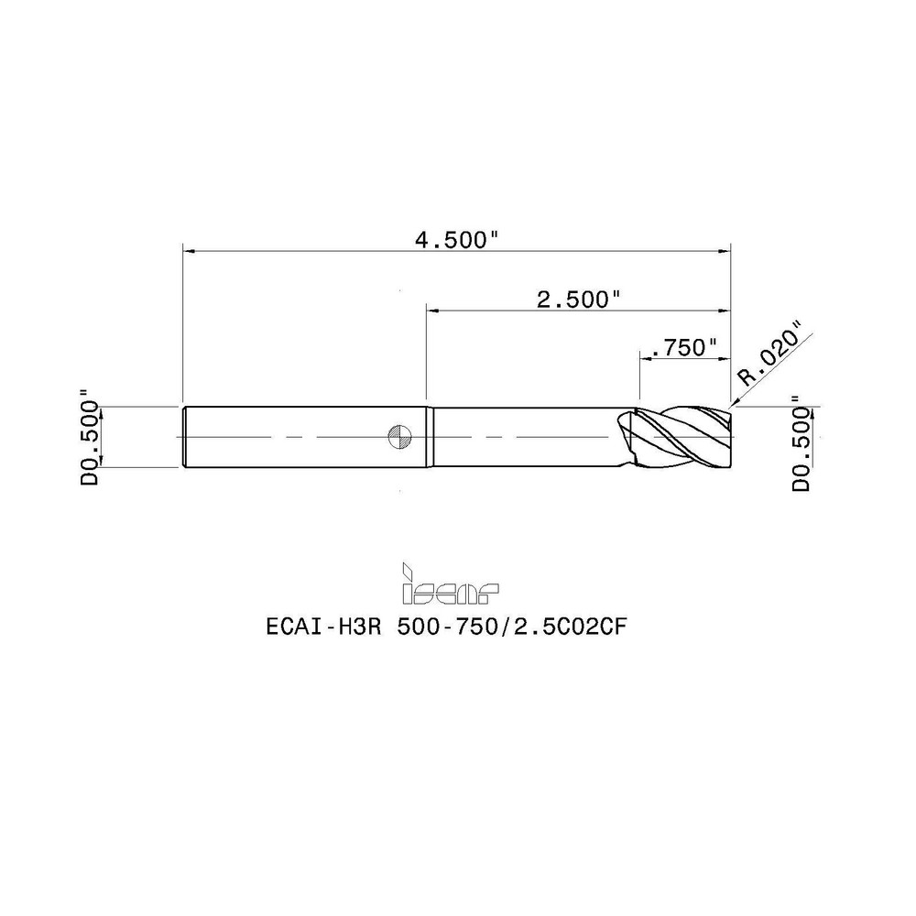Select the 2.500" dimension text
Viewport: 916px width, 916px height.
coord(578,300)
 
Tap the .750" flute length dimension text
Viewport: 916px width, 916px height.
coord(683,348)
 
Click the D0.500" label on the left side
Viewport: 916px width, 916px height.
coord(91,434)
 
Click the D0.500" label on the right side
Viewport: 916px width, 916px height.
coord(802,442)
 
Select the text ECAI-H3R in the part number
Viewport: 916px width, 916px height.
coord(323,627)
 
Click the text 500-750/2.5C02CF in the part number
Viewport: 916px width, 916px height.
coord(512,627)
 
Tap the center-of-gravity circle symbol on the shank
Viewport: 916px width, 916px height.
coord(400,436)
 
